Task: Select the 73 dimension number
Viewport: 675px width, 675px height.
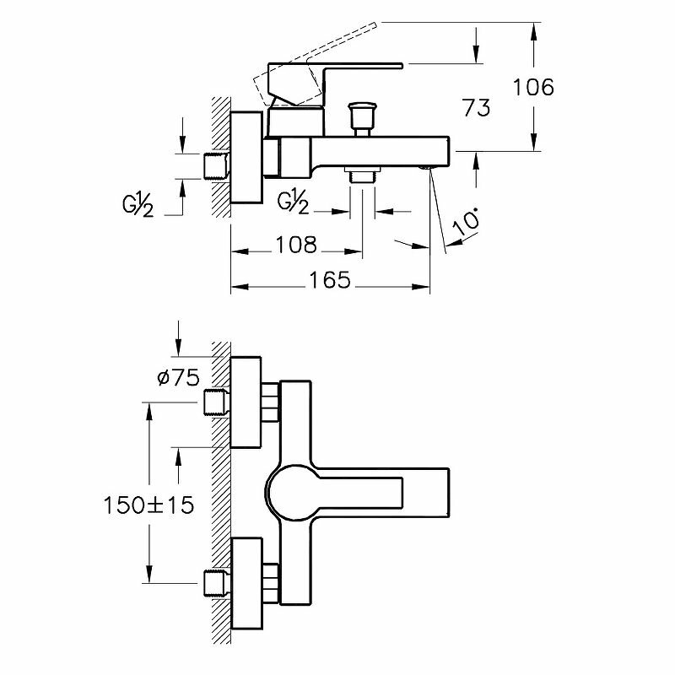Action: (x=475, y=107)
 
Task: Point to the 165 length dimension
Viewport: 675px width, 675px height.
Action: (x=329, y=279)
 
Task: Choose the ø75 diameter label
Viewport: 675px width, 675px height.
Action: (x=177, y=378)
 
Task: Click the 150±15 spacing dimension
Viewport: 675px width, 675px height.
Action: (x=149, y=505)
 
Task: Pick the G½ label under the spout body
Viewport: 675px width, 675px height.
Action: (x=293, y=203)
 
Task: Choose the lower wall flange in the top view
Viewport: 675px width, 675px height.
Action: (x=246, y=582)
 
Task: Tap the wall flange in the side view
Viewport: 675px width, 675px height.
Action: (x=246, y=159)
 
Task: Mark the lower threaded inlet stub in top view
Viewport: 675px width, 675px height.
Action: (x=216, y=582)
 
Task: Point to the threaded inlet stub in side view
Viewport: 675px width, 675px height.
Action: (x=217, y=165)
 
